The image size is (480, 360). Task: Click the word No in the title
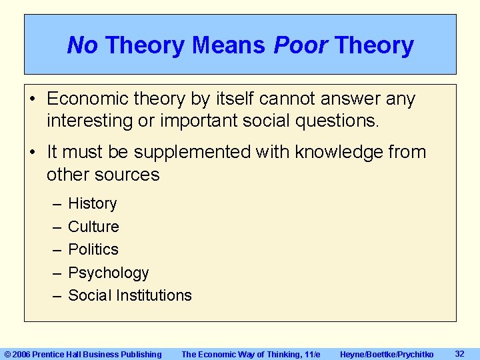pyautogui.click(x=82, y=45)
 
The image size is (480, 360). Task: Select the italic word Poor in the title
pyautogui.click(x=300, y=45)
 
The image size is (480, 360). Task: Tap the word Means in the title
pyautogui.click(x=229, y=45)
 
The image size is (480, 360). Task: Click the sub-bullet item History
pyautogui.click(x=93, y=203)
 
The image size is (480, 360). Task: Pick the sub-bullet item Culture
pyautogui.click(x=93, y=227)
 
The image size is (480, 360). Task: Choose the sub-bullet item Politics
pyautogui.click(x=93, y=249)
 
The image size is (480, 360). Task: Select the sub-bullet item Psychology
pyautogui.click(x=109, y=273)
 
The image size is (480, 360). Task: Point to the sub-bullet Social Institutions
pyautogui.click(x=130, y=295)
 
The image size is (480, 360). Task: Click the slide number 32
pyautogui.click(x=459, y=353)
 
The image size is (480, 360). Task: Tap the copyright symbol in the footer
pyautogui.click(x=8, y=354)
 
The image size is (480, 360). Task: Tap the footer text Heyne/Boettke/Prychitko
pyautogui.click(x=387, y=354)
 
